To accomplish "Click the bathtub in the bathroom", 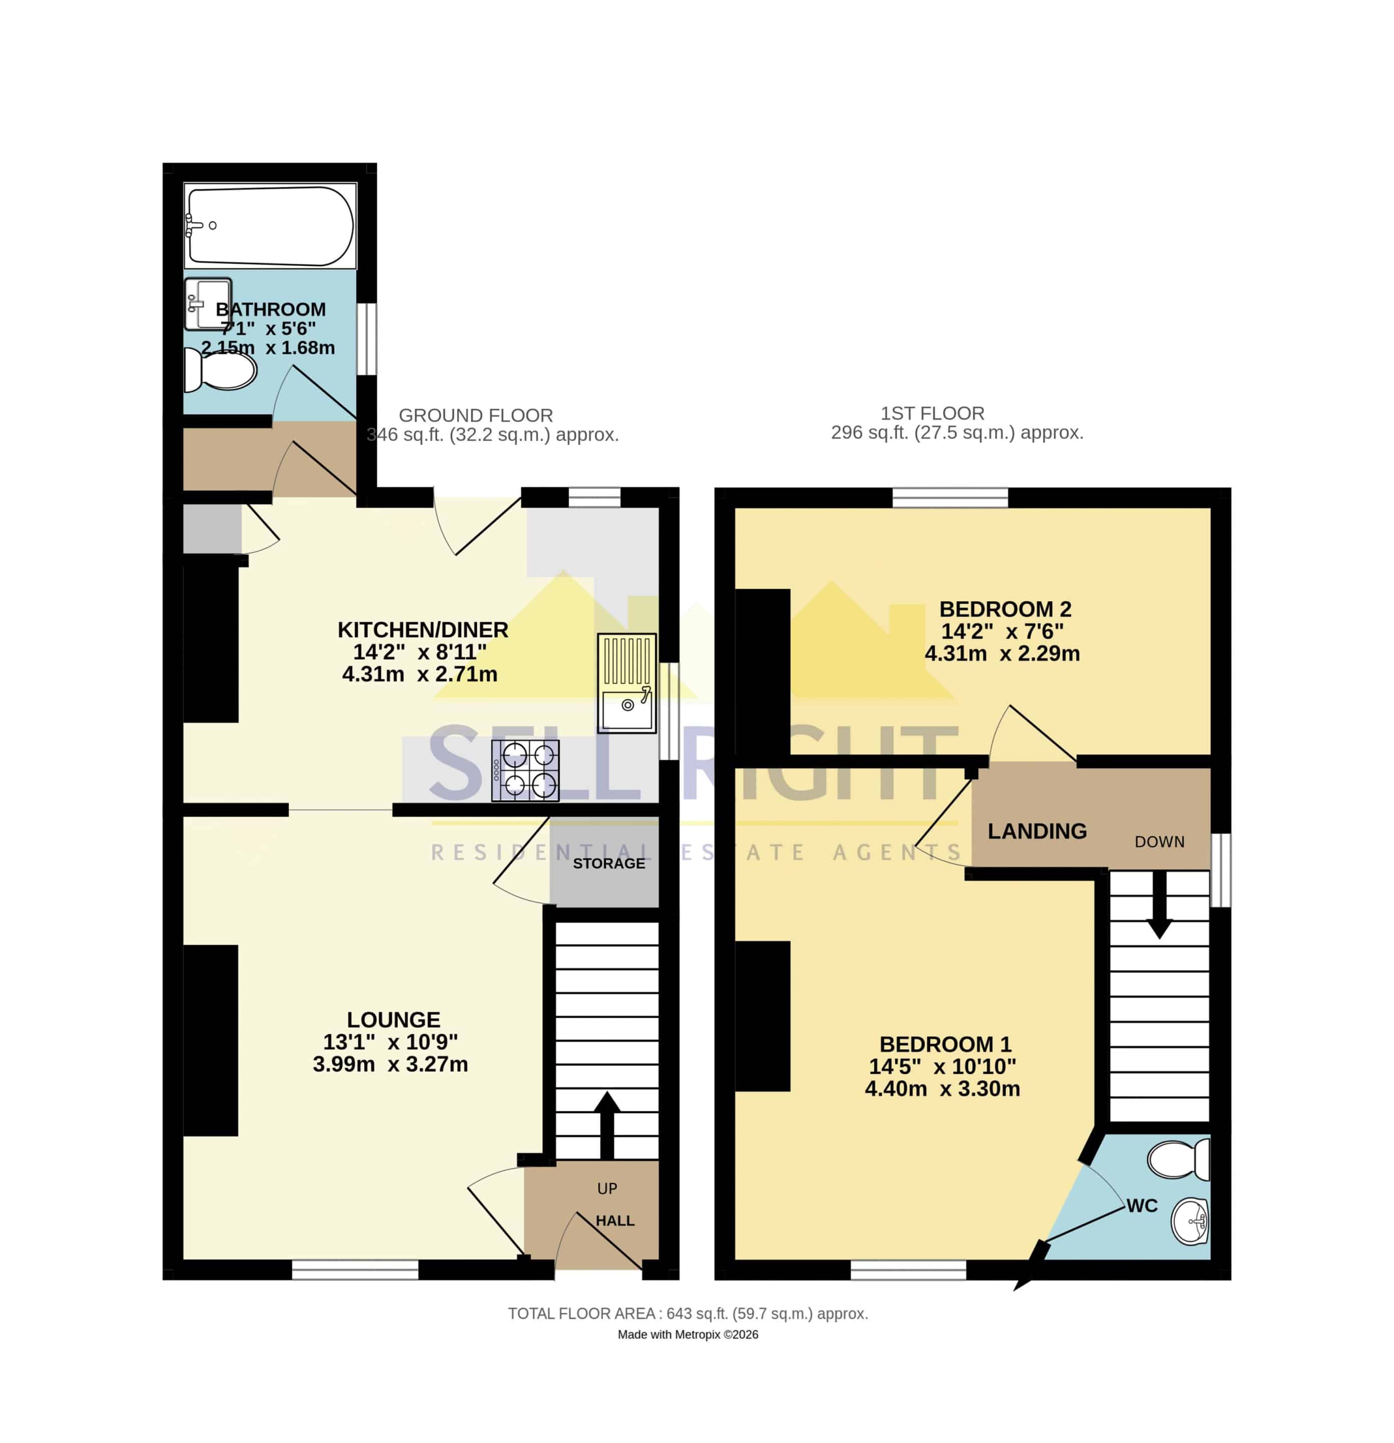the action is pos(270,225).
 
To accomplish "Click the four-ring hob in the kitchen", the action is pos(525,770).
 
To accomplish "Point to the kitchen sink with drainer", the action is pos(627,682).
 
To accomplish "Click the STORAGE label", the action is pos(609,863).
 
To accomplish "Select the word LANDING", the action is pos(1037,831).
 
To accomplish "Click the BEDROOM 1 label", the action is pos(945,1044).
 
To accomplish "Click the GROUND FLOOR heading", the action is pos(476,415).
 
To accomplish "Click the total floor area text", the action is pos(688,1313).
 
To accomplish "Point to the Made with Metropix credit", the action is pos(688,1334).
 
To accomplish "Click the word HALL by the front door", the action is pos(615,1221).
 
